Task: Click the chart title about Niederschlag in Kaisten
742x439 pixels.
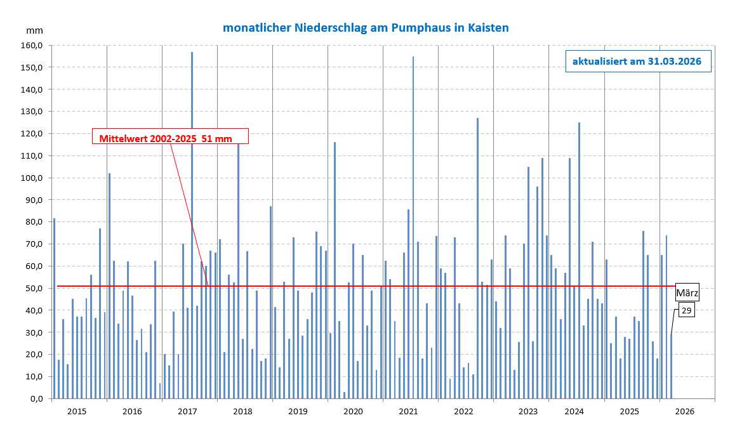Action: tap(366, 28)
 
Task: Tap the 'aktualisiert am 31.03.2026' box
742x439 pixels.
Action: tap(637, 62)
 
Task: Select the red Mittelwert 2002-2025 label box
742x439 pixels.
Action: tap(170, 137)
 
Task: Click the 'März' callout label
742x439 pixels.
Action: tap(686, 292)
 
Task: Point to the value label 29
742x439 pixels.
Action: tap(686, 310)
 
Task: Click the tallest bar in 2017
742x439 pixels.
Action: tap(192, 222)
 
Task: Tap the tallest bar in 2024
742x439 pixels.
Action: tap(579, 260)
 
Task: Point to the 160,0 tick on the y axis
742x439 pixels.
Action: tap(32, 46)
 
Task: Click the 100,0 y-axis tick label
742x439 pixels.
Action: tap(32, 178)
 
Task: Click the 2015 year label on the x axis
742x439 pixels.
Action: tap(77, 412)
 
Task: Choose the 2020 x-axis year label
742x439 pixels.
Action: tap(353, 412)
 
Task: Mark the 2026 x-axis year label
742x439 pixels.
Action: tap(685, 412)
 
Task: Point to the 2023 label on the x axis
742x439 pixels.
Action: tap(528, 412)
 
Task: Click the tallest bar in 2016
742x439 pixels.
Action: tap(109, 285)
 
